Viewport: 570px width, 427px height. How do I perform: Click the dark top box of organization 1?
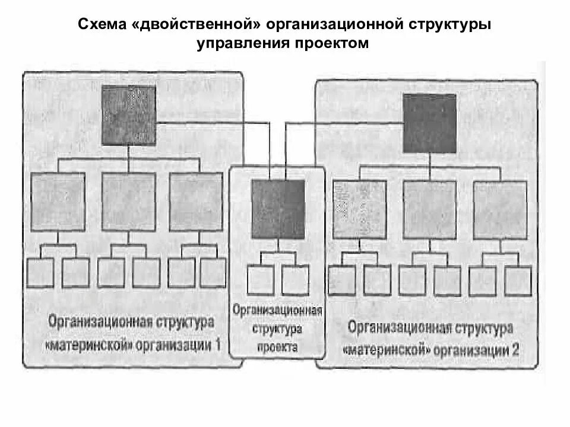129,116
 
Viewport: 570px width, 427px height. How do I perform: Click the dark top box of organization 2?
429,123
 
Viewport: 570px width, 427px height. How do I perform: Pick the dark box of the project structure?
278,209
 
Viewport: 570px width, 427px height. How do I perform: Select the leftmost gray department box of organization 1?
58,202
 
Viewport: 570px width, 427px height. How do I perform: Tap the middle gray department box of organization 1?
128,202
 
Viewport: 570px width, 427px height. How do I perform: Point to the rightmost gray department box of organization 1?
196,202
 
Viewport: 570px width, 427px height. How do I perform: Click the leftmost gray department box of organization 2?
359,209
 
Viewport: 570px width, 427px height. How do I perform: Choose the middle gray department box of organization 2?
429,209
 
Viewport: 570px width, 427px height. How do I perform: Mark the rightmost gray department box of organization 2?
500,209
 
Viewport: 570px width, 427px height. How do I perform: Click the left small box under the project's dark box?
261,279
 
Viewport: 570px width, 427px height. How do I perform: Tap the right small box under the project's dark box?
295,279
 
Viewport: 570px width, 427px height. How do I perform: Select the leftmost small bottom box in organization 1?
40,273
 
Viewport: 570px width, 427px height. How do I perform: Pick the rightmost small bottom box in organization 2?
518,281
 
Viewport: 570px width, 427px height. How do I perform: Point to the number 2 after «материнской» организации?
514,349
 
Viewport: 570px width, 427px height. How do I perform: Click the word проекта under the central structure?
278,348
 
